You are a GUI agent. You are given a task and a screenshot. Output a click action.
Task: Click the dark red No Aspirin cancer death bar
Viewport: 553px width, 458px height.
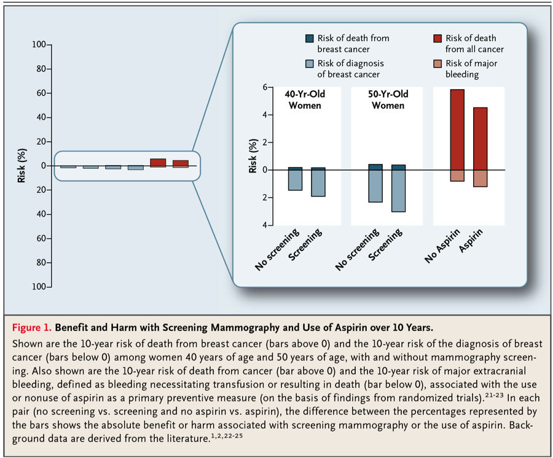point(457,130)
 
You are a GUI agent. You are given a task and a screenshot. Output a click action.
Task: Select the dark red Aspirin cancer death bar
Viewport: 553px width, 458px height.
point(480,139)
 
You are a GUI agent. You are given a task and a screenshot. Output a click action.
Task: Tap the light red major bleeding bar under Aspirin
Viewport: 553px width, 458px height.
point(480,178)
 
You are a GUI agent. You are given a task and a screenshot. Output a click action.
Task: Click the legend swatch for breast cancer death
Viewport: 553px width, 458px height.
point(309,39)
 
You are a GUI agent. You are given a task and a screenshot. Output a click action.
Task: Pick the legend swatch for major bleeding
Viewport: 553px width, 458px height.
point(437,64)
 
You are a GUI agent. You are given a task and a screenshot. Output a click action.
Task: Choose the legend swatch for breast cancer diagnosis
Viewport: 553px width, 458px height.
point(309,64)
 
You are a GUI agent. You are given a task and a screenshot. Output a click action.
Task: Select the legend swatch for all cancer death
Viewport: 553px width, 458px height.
point(437,39)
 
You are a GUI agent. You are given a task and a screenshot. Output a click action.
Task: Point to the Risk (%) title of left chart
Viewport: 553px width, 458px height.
point(22,166)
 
